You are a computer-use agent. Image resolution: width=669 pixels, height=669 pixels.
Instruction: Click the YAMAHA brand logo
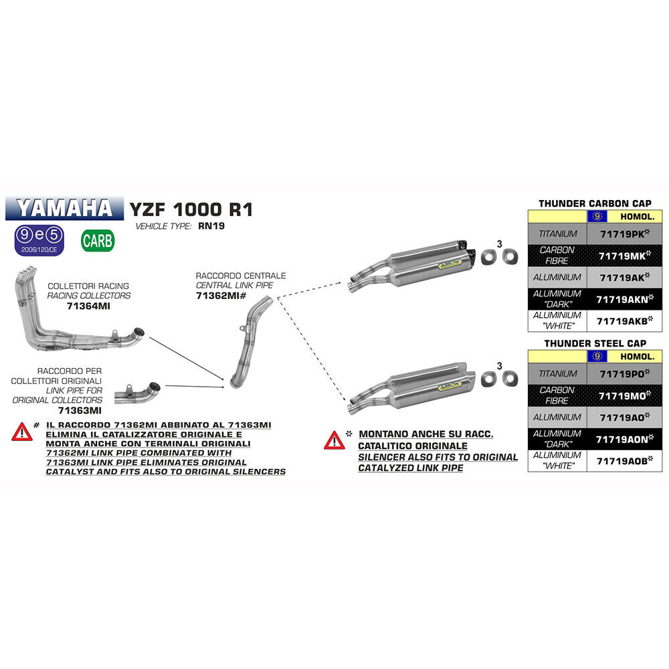point(65,208)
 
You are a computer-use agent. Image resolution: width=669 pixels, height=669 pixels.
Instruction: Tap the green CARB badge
point(98,240)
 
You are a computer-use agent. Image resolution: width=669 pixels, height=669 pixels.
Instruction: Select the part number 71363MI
point(80,410)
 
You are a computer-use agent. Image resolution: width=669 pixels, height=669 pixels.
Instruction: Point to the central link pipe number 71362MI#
point(222,296)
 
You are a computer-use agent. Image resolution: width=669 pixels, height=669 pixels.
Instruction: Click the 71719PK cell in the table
point(624,233)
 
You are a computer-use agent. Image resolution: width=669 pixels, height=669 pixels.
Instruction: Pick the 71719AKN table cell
point(624,299)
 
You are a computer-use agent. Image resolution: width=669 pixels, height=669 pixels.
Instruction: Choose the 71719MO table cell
point(624,395)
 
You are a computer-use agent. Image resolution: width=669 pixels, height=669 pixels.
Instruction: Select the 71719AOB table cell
point(624,460)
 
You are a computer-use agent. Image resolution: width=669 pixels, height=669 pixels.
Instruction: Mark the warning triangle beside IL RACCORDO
point(21,432)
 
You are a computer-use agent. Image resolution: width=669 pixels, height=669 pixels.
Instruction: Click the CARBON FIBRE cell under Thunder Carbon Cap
point(557,256)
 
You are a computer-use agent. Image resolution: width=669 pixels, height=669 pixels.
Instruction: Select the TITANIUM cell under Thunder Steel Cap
point(557,373)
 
